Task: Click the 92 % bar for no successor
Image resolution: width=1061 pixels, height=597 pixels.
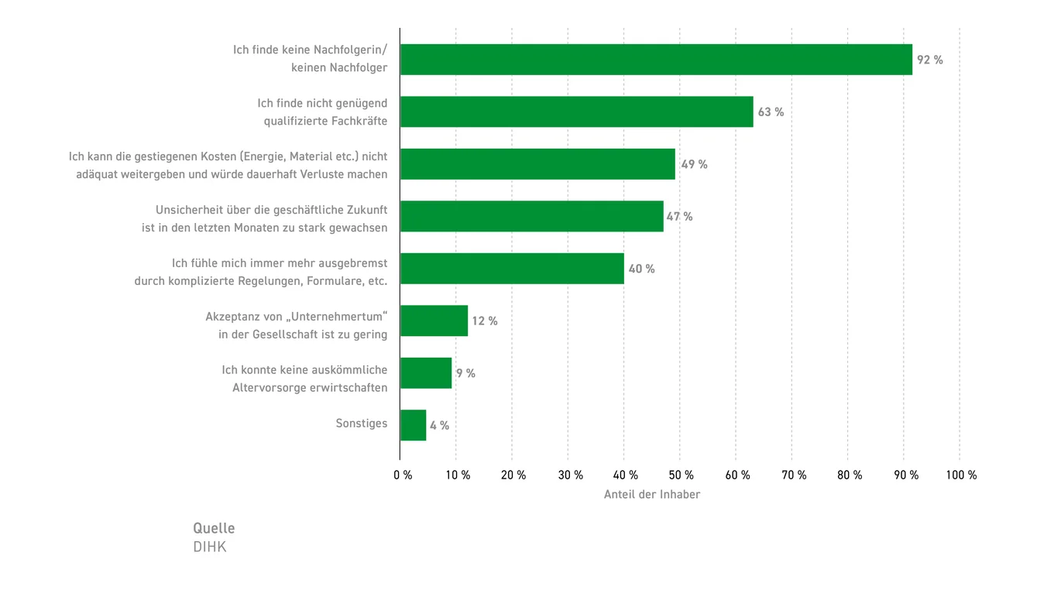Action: pos(655,60)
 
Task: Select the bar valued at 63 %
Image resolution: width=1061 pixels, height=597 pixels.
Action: pos(576,112)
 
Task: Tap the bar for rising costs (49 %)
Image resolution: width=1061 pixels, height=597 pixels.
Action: pos(537,164)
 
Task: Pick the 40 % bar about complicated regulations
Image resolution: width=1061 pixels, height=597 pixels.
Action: pos(512,269)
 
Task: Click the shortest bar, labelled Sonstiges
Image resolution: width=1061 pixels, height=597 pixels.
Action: pos(413,425)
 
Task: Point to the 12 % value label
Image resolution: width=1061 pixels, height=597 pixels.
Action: pos(485,321)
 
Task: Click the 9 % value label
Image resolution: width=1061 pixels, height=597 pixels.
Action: pos(465,373)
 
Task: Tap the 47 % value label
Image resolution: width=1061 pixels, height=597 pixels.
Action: pos(680,217)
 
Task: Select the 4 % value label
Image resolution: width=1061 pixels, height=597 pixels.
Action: pos(439,425)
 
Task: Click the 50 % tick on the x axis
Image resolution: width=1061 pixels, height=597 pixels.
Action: pos(682,475)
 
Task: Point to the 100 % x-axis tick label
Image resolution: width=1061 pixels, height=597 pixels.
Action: pos(961,475)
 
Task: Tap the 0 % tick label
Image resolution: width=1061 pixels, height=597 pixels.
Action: pos(403,475)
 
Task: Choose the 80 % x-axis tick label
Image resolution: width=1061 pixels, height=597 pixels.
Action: pos(850,475)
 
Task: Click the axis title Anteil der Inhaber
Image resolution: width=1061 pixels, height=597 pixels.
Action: pos(651,494)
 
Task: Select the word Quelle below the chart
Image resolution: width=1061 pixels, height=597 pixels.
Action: pos(214,528)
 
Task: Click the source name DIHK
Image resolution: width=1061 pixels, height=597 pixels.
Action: pos(209,547)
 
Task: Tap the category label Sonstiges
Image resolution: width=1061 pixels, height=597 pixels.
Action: pos(361,424)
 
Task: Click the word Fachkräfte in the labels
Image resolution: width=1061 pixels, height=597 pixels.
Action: pos(359,121)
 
